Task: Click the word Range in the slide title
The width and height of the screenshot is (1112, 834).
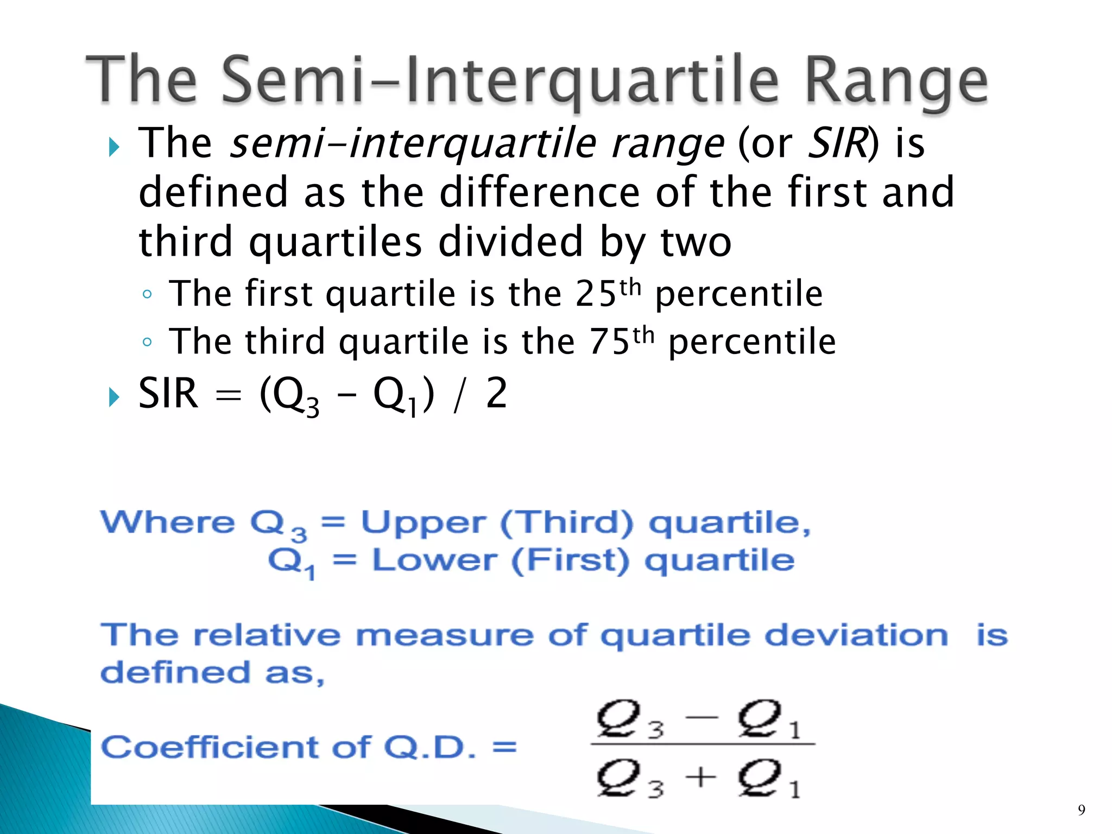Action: [896, 81]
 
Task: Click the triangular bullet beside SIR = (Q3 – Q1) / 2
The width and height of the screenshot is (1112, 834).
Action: [113, 397]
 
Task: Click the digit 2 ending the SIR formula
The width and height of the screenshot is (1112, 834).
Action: [496, 394]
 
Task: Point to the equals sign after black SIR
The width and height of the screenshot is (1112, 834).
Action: [228, 396]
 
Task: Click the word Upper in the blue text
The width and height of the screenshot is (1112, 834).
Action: [424, 523]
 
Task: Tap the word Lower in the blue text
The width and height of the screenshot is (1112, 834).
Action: [434, 560]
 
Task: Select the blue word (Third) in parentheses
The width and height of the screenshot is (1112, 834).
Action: [566, 523]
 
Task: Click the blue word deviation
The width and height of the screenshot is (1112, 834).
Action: [856, 635]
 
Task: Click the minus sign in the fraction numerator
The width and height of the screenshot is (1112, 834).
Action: [702, 718]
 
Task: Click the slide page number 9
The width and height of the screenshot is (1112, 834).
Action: [1082, 810]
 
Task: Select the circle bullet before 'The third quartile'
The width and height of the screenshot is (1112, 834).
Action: [147, 342]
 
